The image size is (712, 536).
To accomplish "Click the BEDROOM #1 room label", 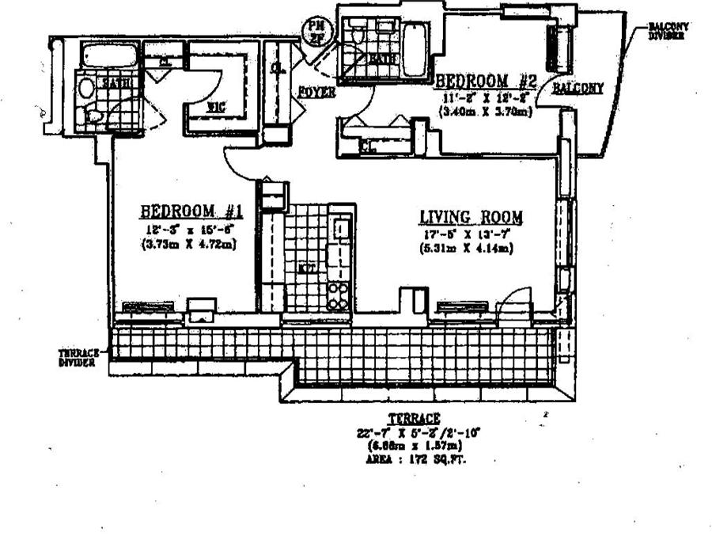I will (190, 211).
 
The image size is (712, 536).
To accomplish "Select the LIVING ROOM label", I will (471, 217).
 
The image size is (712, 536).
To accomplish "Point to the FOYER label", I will (316, 93).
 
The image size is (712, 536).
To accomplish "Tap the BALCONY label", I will (578, 88).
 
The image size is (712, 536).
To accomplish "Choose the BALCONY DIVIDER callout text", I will (668, 31).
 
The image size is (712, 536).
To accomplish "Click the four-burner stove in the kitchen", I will (339, 296).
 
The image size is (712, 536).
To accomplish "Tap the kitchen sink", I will (340, 230).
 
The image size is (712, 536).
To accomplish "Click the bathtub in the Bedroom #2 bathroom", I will (415, 49).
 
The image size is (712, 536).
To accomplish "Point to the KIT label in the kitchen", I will (307, 268).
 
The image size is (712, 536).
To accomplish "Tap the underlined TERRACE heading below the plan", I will (413, 417).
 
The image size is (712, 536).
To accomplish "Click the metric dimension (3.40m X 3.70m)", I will (483, 112).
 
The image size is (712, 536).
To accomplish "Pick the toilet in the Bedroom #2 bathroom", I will (355, 35).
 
